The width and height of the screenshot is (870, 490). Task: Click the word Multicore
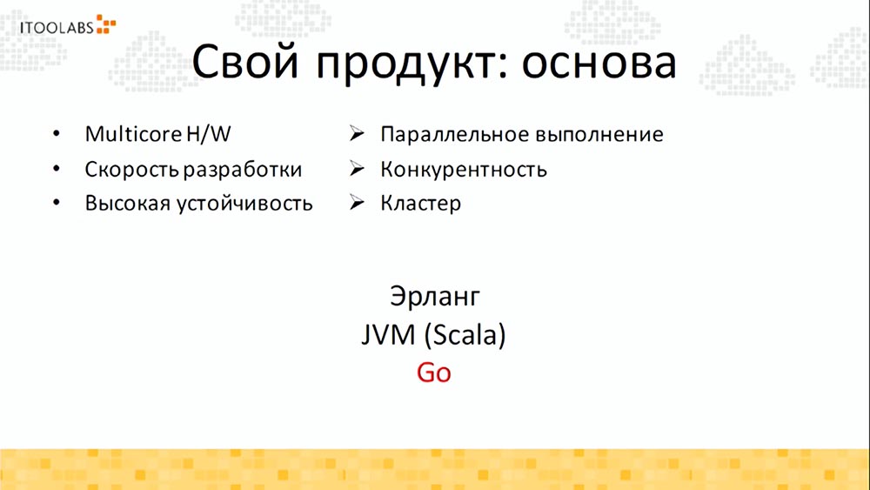pyautogui.click(x=133, y=135)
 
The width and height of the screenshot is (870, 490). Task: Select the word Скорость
pyautogui.click(x=133, y=170)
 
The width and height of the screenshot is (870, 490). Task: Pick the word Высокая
pyautogui.click(x=126, y=204)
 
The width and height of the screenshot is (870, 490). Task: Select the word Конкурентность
pyautogui.click(x=463, y=169)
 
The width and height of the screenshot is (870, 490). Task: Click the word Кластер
pyautogui.click(x=420, y=204)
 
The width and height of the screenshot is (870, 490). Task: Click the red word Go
pyautogui.click(x=434, y=372)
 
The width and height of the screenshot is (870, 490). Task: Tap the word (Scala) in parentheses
pyautogui.click(x=463, y=334)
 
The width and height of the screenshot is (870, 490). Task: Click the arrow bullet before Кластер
pyautogui.click(x=356, y=203)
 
